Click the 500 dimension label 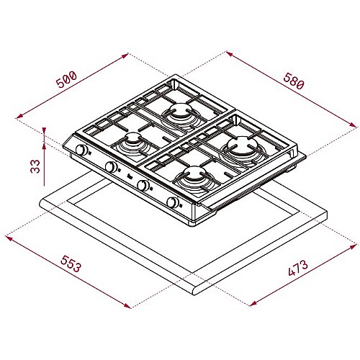click(x=66, y=79)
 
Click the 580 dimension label click(x=294, y=81)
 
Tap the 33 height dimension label click(x=35, y=166)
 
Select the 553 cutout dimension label click(x=71, y=264)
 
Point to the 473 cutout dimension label click(x=298, y=268)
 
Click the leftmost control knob click(x=81, y=150)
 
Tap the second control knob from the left click(x=111, y=166)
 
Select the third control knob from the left click(x=143, y=185)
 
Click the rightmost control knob click(x=173, y=202)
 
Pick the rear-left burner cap click(x=179, y=110)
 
